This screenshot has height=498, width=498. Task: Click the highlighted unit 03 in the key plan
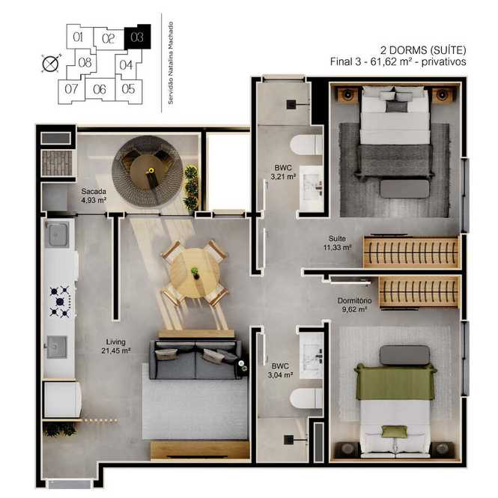click(137, 37)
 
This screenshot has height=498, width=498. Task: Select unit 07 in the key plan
click(71, 90)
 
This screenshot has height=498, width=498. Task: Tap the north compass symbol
click(51, 64)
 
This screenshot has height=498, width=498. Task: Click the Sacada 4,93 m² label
click(94, 195)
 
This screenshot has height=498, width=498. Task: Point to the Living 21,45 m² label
click(116, 346)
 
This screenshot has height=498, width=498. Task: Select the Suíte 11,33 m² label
click(337, 243)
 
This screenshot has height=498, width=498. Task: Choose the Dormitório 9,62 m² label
click(354, 305)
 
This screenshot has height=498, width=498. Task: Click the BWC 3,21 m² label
click(283, 171)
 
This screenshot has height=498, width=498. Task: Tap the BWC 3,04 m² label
click(280, 371)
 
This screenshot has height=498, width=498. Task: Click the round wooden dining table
click(194, 273)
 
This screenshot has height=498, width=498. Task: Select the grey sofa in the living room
click(195, 359)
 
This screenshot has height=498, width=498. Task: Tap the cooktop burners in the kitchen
click(60, 301)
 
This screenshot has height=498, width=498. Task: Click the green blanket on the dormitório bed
click(395, 382)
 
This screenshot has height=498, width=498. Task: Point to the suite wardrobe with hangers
click(412, 252)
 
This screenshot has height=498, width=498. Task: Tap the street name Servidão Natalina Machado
click(171, 63)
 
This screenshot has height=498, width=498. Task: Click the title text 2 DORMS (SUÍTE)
click(423, 50)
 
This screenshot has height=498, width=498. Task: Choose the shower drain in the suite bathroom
click(291, 105)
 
